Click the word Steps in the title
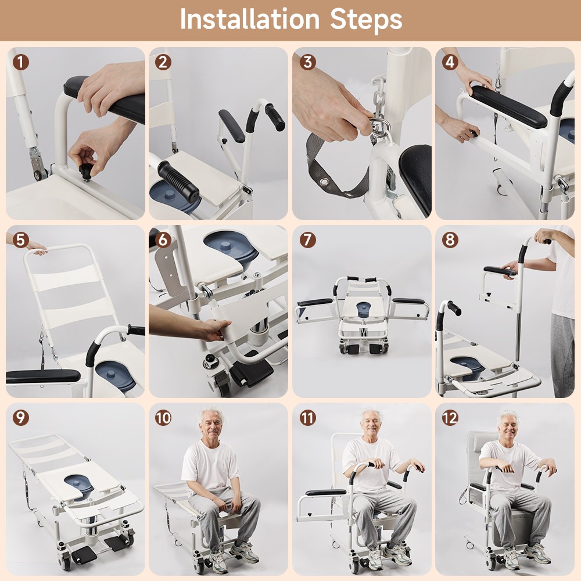pos(366,19)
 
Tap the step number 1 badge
pos(21,62)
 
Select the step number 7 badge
pos(307,240)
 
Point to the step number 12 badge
pos(450,417)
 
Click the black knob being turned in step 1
pos(87,171)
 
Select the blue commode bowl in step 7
pos(362,309)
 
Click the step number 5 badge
pos(21,240)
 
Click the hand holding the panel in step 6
pos(212,329)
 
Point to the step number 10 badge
pos(163,417)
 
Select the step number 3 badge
pos(307,62)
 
